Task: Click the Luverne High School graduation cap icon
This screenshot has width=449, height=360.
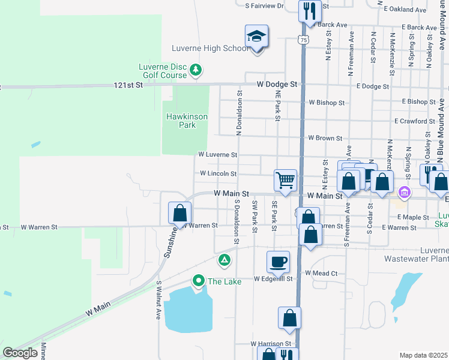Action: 256,37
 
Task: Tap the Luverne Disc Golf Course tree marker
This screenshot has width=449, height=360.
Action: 195,71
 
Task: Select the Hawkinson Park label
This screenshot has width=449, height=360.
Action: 187,121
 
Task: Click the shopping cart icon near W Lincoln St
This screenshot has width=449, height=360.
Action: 285,179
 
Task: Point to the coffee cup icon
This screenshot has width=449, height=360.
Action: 278,262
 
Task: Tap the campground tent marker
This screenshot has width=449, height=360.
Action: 224,260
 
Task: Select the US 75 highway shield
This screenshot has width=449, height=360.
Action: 304,40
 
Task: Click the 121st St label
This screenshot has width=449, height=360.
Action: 128,86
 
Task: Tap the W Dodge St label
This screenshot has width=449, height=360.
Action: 277,85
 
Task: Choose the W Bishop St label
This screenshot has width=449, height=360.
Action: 327,103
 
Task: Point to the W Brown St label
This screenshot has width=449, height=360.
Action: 325,138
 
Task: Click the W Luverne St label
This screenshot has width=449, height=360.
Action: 218,154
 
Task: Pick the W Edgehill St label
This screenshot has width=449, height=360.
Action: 273,279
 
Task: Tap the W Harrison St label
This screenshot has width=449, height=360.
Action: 271,344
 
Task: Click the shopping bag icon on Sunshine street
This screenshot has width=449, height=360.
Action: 179,213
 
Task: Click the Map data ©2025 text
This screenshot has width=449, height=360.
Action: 423,355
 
